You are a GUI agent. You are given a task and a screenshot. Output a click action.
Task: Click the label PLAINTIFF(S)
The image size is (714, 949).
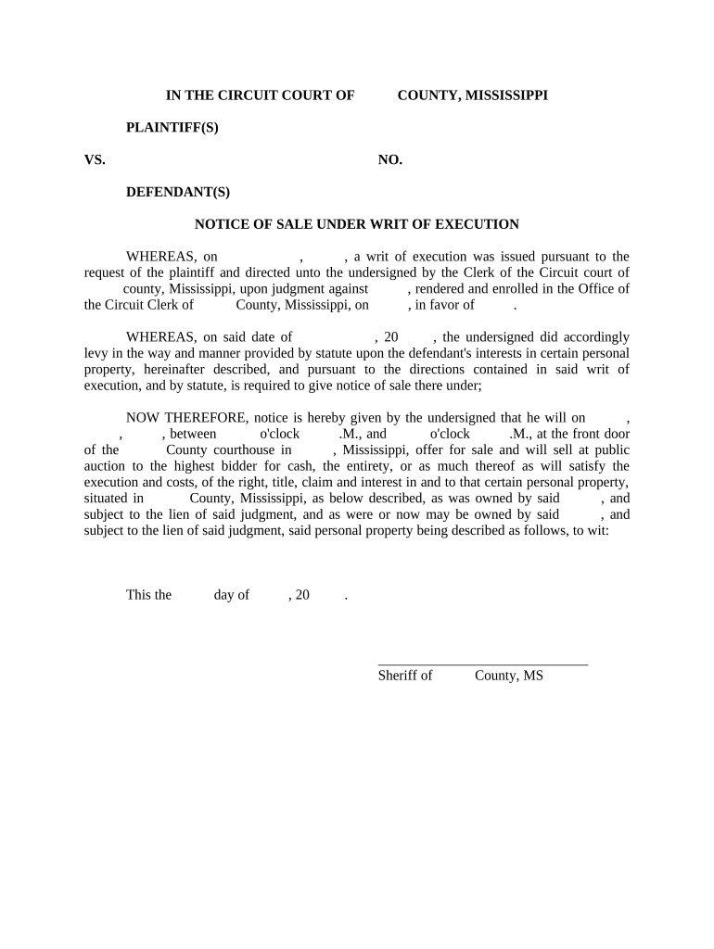172,128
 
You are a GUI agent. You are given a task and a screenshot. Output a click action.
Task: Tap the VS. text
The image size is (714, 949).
95,160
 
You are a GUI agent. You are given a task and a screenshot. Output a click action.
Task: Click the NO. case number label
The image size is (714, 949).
389,160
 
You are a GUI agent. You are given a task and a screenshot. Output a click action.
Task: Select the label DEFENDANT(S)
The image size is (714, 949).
177,193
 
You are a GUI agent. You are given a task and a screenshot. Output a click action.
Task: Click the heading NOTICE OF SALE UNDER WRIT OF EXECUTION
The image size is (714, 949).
356,224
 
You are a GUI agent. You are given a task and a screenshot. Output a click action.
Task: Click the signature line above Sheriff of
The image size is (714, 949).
482,664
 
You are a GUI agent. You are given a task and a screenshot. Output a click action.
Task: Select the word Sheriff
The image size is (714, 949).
397,676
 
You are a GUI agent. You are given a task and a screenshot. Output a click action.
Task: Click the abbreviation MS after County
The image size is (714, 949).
533,676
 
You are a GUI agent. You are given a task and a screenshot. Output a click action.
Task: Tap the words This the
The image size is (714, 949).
148,595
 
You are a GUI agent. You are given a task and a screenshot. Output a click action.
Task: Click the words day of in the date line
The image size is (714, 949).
231,595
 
